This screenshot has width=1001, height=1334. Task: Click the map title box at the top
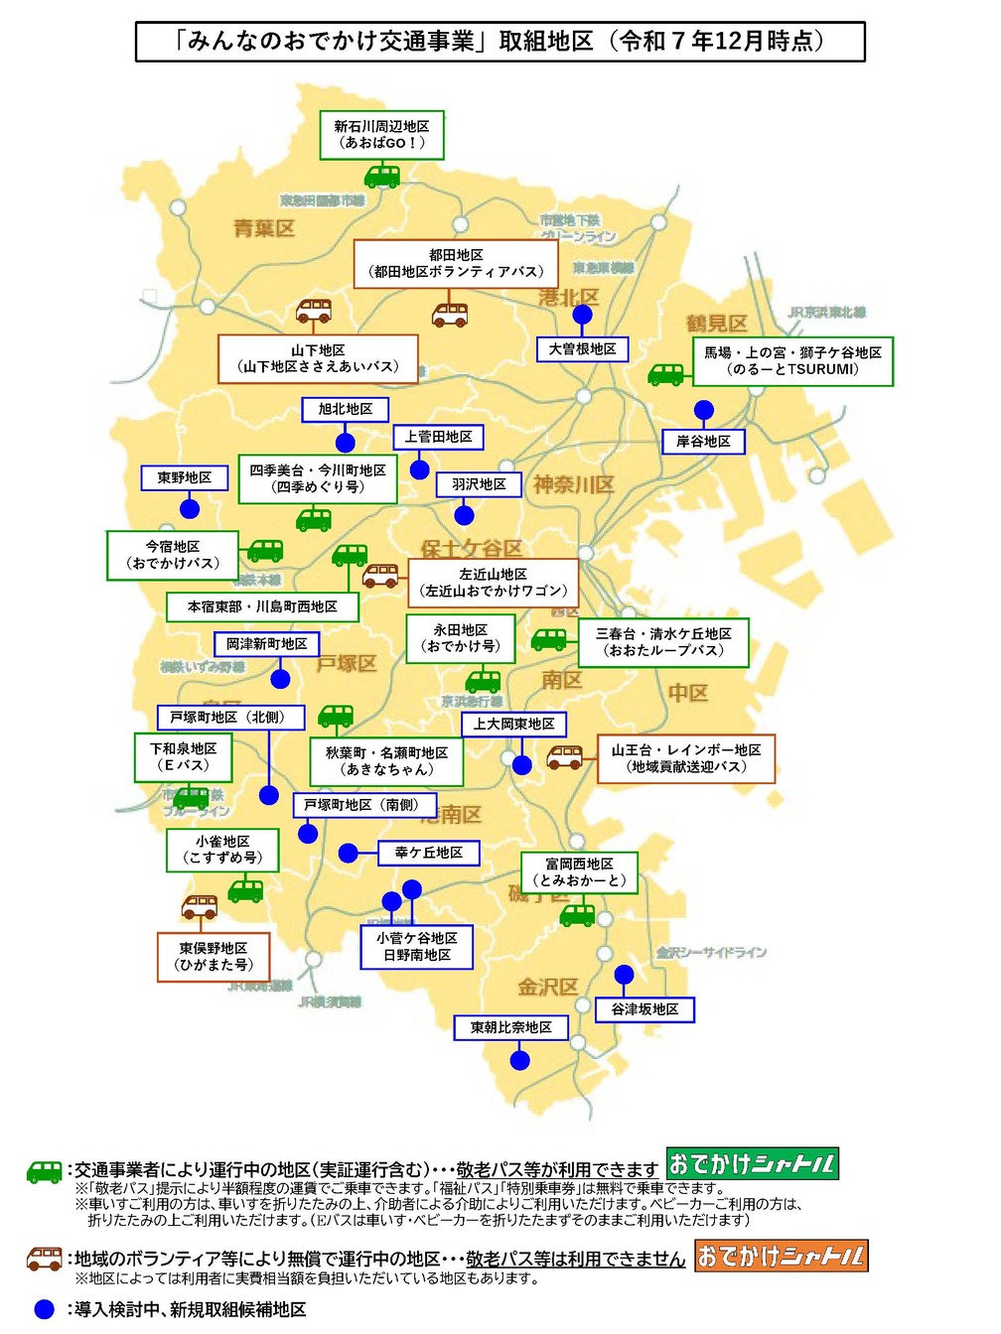click(500, 42)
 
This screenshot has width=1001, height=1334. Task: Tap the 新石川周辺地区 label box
click(381, 135)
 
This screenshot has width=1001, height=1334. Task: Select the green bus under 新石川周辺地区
click(381, 177)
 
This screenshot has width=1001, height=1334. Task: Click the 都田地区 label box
click(456, 264)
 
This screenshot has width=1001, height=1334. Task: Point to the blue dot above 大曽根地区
click(583, 316)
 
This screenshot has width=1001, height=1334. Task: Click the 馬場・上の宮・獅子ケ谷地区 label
click(792, 361)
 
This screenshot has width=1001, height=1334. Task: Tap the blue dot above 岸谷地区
click(703, 410)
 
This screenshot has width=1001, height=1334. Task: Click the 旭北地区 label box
click(346, 409)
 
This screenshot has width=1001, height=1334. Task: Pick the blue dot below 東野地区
click(190, 509)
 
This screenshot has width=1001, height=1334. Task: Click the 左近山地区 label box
click(493, 583)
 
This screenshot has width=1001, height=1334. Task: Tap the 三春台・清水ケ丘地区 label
click(663, 642)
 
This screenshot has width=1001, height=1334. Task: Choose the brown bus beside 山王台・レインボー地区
click(565, 757)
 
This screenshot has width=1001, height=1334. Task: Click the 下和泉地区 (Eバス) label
click(184, 757)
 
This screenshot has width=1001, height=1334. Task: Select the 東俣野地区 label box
click(214, 957)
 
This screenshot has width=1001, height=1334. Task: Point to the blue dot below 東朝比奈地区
click(519, 1060)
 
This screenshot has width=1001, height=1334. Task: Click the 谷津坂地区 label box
click(644, 1009)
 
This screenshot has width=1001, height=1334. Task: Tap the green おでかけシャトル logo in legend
click(752, 1163)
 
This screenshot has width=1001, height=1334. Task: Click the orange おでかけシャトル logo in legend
click(781, 1256)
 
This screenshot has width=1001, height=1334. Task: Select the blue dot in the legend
click(44, 1309)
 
